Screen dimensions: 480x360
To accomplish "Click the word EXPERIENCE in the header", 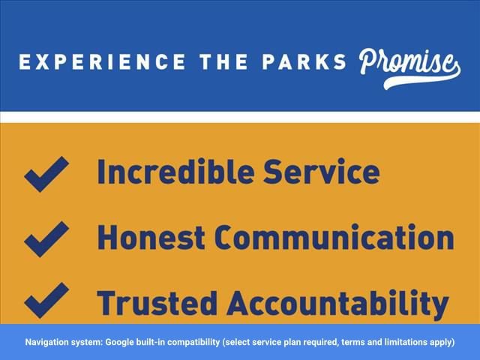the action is point(102,61).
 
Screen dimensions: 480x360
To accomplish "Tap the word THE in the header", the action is point(223,61).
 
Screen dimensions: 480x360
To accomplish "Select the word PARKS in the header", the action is point(304,61).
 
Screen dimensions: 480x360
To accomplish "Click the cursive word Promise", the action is point(410,68).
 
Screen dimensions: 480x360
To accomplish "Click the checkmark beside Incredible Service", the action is point(46,174).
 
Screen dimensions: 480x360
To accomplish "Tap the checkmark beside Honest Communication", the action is point(46,239).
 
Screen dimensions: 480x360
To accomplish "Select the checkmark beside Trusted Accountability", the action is point(46,300).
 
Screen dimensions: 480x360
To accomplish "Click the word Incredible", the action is point(175,171).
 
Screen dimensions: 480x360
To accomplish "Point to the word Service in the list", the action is point(322,171).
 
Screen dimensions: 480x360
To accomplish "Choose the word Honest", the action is point(151,237).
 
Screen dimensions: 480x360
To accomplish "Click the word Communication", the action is point(334,237).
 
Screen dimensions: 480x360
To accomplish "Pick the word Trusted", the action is point(157,303).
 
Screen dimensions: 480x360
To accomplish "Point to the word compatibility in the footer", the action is point(193,342).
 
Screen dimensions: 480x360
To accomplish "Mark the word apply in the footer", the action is point(442,342).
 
